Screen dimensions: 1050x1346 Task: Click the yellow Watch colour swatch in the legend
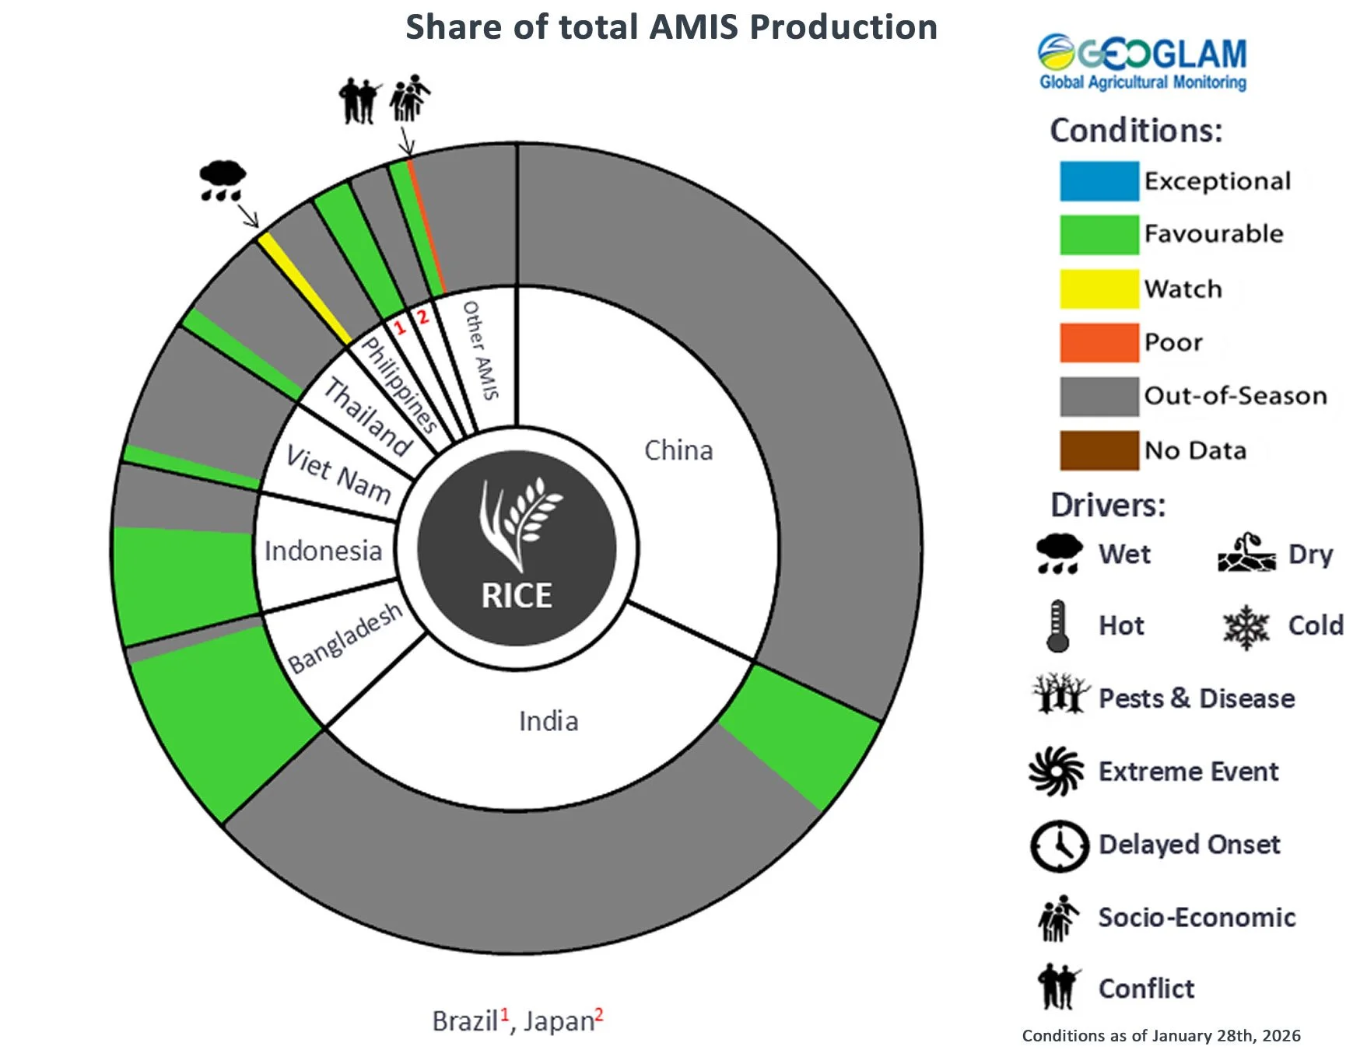pyautogui.click(x=1099, y=289)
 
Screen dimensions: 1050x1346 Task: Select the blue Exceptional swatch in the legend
pyautogui.click(x=1099, y=181)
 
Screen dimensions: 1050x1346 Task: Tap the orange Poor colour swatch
pyautogui.click(x=1099, y=343)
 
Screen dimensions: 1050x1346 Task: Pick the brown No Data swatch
pyautogui.click(x=1099, y=450)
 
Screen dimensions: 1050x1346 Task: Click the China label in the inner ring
pyautogui.click(x=678, y=450)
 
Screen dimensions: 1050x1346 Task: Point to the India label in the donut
pyautogui.click(x=549, y=721)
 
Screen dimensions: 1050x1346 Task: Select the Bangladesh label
pyautogui.click(x=345, y=638)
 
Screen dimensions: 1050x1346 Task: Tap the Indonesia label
pyautogui.click(x=323, y=551)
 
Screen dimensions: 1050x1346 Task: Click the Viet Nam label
pyautogui.click(x=338, y=474)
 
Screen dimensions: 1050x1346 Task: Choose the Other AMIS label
pyautogui.click(x=480, y=350)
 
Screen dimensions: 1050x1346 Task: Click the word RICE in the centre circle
pyautogui.click(x=517, y=596)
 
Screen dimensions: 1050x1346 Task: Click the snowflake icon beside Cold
pyautogui.click(x=1246, y=627)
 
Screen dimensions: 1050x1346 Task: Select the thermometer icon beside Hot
pyautogui.click(x=1057, y=625)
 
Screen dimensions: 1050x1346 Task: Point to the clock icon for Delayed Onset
pyautogui.click(x=1059, y=845)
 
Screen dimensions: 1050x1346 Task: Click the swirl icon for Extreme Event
pyautogui.click(x=1056, y=772)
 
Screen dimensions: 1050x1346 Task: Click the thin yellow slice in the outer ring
pyautogui.click(x=303, y=288)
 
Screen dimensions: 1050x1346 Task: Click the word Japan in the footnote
pyautogui.click(x=558, y=1021)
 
